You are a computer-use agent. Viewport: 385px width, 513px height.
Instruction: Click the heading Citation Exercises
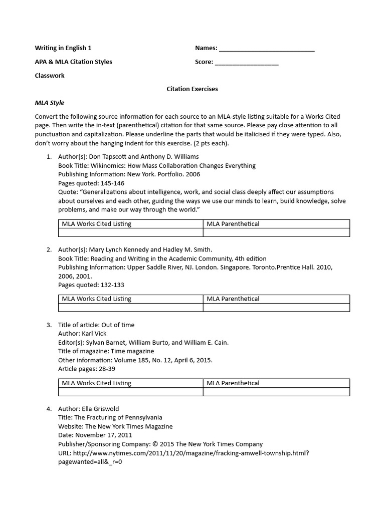pos(192,89)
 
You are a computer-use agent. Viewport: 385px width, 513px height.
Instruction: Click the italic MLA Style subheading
pos(49,103)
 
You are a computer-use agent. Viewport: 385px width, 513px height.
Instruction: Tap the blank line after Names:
pos(267,49)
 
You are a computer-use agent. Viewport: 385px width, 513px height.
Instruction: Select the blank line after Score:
pos(246,62)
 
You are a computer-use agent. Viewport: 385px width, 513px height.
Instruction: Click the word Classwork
pos(49,76)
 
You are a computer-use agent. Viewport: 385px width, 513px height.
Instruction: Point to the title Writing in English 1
pos(63,48)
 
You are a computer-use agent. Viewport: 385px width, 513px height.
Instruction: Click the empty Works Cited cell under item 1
pos(130,232)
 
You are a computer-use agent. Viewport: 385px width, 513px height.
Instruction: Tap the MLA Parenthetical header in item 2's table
pos(233,299)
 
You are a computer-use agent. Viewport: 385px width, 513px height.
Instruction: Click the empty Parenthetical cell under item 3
pos(276,392)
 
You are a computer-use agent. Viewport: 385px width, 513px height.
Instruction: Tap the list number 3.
pos(49,325)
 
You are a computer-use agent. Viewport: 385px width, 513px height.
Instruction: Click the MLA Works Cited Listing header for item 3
pos(96,383)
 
